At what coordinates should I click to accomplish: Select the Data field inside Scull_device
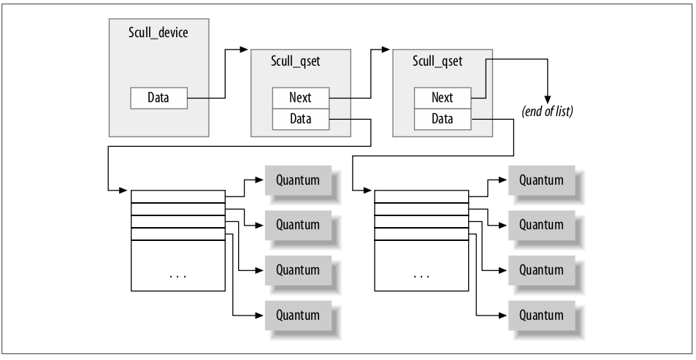158,98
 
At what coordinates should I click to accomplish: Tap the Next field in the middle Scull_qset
300,97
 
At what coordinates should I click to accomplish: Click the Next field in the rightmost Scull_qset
442,97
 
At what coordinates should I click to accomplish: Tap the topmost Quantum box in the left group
298,180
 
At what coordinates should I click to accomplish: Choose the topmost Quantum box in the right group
541,180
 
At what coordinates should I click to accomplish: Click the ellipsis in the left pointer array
177,277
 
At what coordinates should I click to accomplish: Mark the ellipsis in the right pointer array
421,277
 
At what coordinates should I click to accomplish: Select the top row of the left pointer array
177,196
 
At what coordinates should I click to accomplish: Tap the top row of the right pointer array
421,196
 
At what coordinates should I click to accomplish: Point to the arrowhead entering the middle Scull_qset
245,50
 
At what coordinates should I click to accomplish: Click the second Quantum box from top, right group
541,223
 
